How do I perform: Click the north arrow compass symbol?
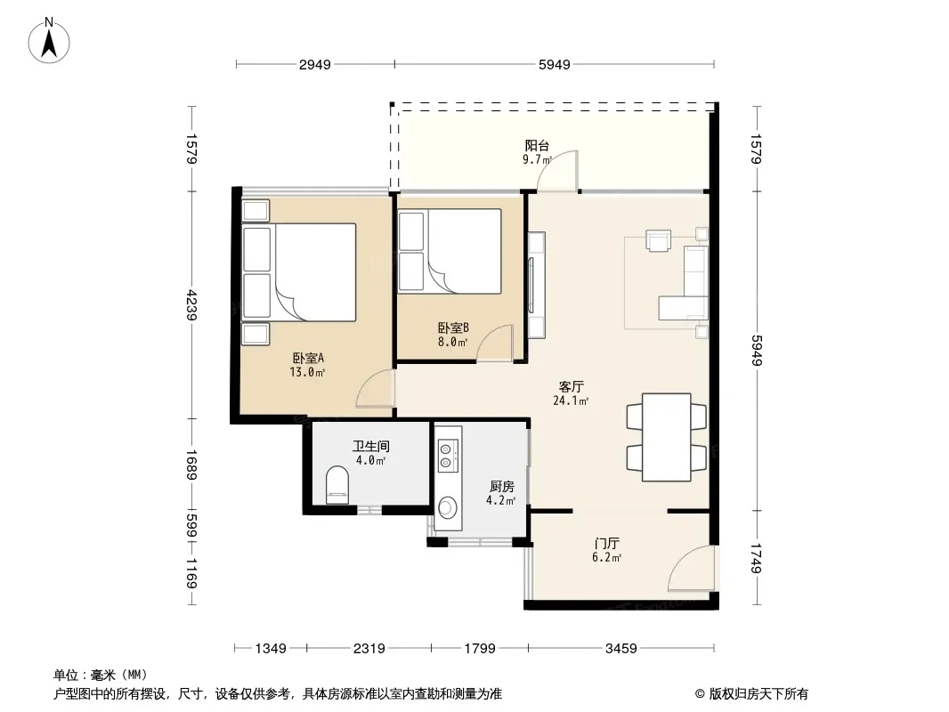coord(49,41)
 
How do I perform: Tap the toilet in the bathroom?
coord(337,484)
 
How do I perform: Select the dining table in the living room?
coord(667,437)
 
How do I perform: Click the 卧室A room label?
coord(308,358)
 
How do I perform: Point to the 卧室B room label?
coord(453,328)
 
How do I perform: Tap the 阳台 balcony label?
coord(537,146)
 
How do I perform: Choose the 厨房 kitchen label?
coord(502,486)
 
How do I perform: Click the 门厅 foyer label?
coord(606,544)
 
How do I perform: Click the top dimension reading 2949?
coord(315,64)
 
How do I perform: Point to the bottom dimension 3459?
coord(621,649)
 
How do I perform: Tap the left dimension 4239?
coord(192,305)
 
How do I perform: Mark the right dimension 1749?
coord(757,558)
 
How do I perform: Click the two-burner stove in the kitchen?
coord(447,456)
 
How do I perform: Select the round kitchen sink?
coord(448,507)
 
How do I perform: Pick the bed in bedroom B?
coord(450,251)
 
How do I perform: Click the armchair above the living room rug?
coord(659,239)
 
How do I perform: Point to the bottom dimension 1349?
coord(271,649)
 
